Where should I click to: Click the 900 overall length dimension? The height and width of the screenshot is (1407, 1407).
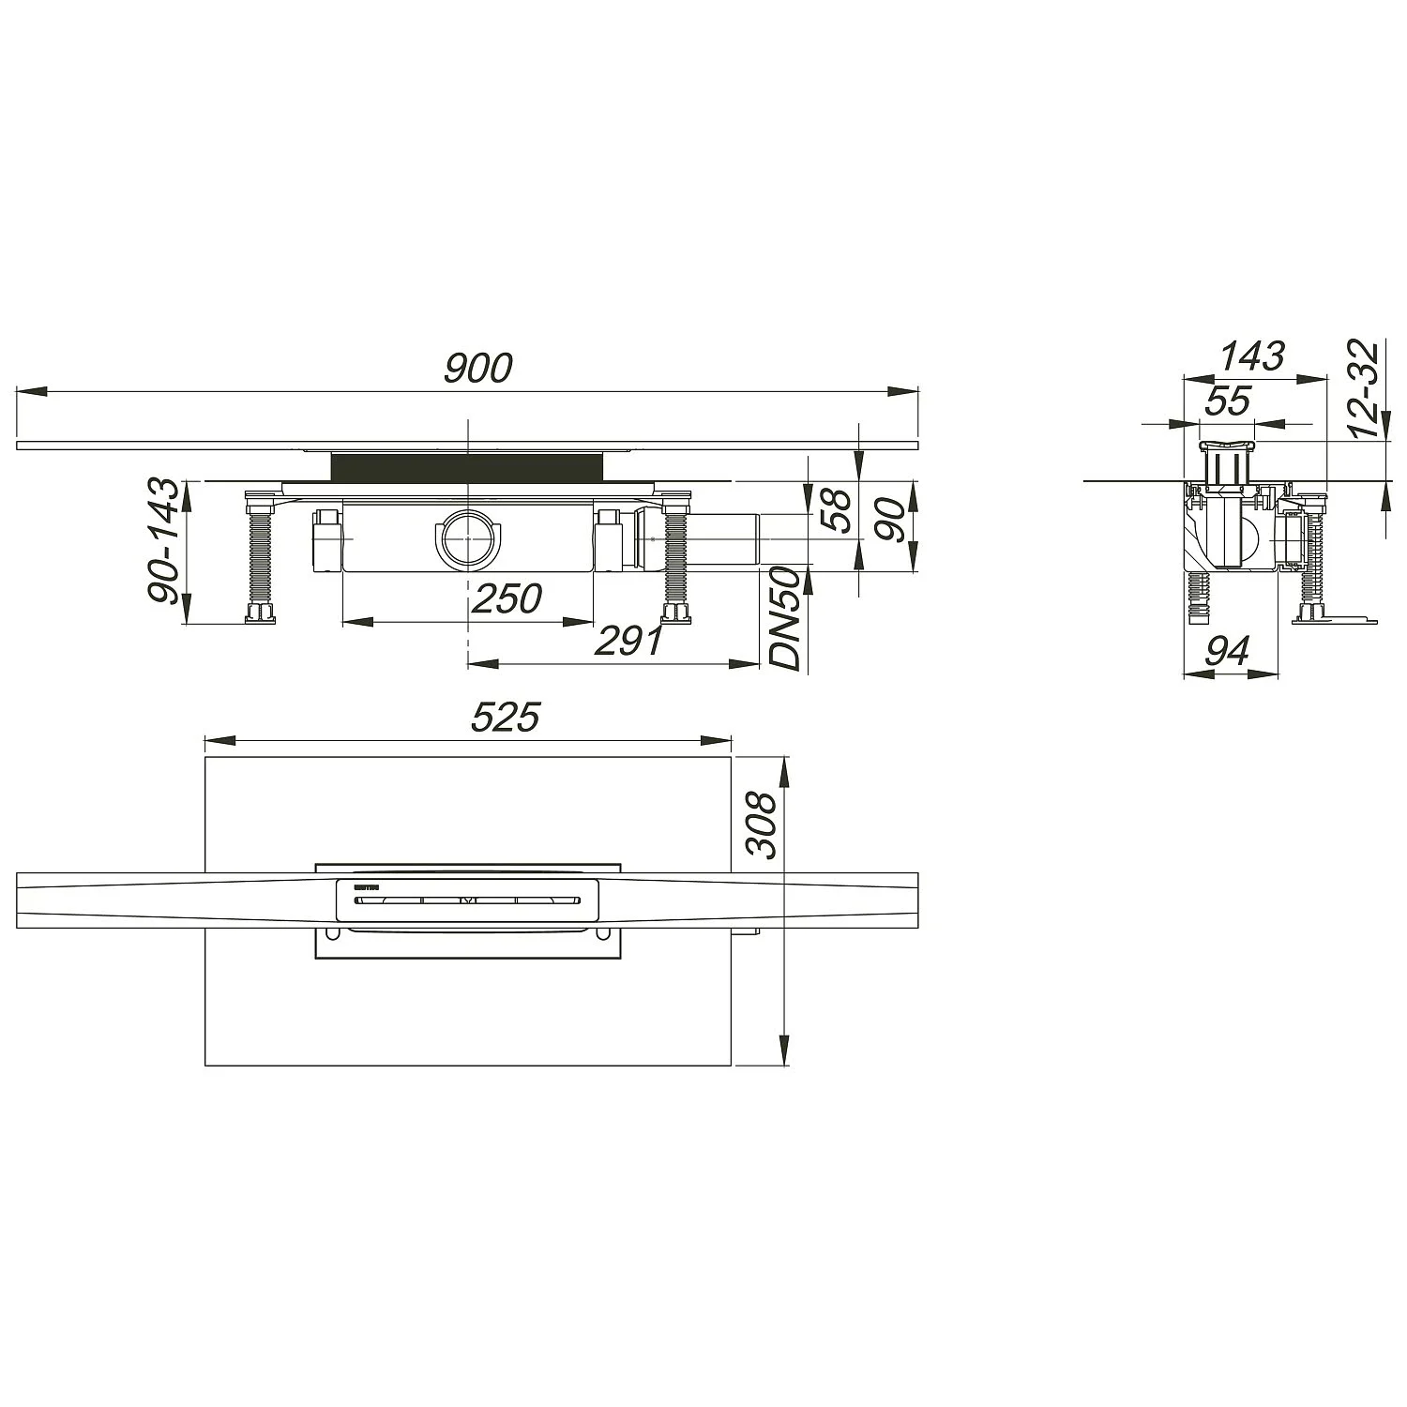point(477,369)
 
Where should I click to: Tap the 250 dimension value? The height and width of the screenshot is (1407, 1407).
point(506,598)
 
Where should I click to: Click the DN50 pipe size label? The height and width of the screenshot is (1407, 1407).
point(786,618)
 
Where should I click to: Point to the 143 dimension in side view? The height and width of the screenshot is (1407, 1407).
point(1251,356)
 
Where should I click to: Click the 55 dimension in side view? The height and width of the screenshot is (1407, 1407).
point(1227,401)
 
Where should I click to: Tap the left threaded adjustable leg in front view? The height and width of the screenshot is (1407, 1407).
point(260,559)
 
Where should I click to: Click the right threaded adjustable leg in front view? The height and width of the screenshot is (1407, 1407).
point(675,559)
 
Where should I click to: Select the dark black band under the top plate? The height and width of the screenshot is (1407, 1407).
point(466,465)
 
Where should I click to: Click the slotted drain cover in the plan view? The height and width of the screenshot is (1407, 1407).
point(466,901)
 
